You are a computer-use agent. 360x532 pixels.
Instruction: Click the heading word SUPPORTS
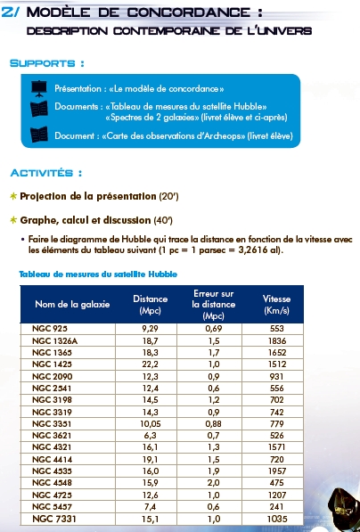46,64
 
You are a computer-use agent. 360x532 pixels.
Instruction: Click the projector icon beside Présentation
38,89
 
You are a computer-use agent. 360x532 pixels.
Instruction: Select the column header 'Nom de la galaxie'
72,304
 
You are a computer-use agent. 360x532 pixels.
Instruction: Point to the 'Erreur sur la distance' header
212,304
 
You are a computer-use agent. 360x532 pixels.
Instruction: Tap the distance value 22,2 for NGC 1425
150,364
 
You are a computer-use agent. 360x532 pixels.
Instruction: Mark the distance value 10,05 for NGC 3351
150,423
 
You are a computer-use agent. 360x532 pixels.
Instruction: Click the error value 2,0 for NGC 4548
212,482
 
